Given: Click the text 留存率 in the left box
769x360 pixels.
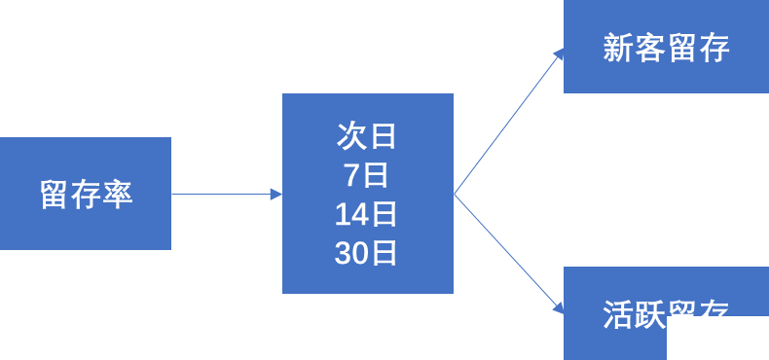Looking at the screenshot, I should point(86,194).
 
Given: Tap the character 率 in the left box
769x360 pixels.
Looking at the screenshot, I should point(117,194).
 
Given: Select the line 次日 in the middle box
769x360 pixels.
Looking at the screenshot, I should point(367,136).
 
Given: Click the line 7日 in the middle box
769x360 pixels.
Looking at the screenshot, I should point(367,175).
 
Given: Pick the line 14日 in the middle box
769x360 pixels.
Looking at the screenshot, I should point(367,214).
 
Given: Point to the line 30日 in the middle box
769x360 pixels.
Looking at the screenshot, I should point(367,253).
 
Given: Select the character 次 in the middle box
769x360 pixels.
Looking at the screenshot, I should point(351,136).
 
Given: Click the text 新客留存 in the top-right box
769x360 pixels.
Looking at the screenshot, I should point(666,48).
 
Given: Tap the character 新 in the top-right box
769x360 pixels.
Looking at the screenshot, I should point(618,48).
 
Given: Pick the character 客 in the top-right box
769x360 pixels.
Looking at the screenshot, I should point(650,48).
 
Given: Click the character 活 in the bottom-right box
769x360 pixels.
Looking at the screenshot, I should point(618,313).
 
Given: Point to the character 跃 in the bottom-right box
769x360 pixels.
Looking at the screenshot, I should point(650,313).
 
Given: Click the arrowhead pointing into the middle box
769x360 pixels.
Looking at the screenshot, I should point(276,195).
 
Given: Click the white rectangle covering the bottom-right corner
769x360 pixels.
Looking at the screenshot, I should point(717,339).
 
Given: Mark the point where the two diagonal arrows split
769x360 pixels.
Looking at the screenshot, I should point(455,194).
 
